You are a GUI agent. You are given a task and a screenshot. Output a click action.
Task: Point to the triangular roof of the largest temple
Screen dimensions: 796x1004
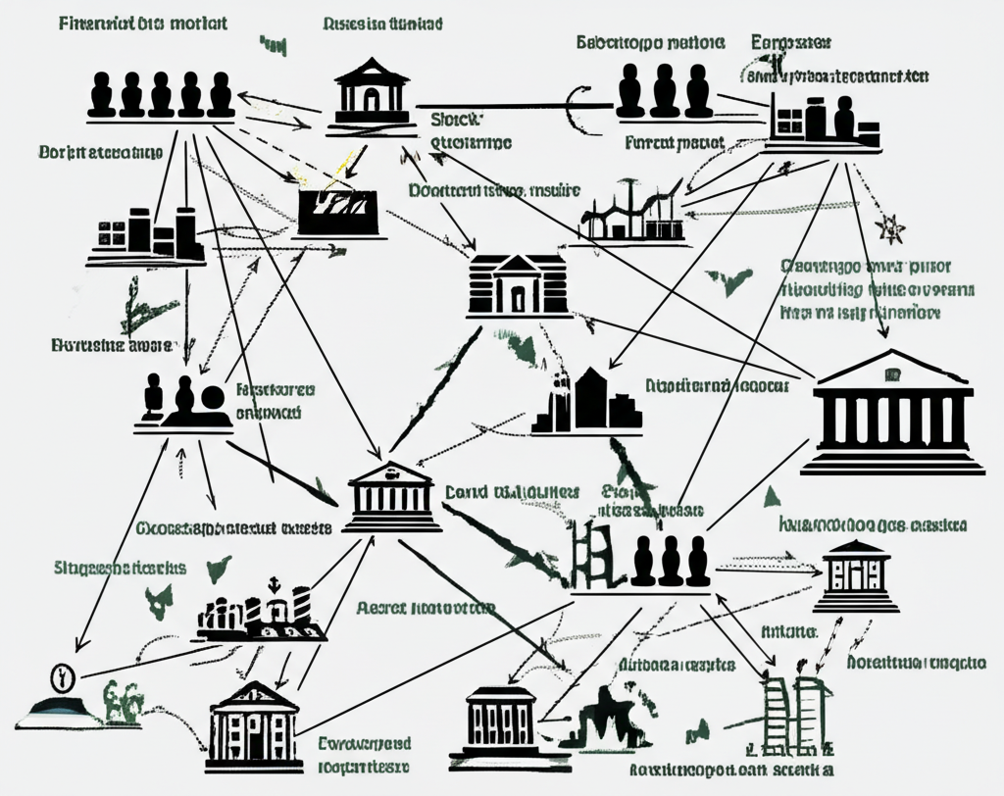pyautogui.click(x=892, y=372)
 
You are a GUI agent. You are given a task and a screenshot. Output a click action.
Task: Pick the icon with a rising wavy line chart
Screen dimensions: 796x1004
pyautogui.click(x=631, y=212)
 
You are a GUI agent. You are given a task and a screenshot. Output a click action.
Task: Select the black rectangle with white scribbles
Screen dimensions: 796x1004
pyautogui.click(x=338, y=209)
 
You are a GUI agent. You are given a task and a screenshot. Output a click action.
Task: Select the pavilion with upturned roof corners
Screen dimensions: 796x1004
pyautogui.click(x=372, y=94)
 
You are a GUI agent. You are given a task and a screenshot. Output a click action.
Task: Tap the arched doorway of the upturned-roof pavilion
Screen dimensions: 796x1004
pyautogui.click(x=372, y=99)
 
